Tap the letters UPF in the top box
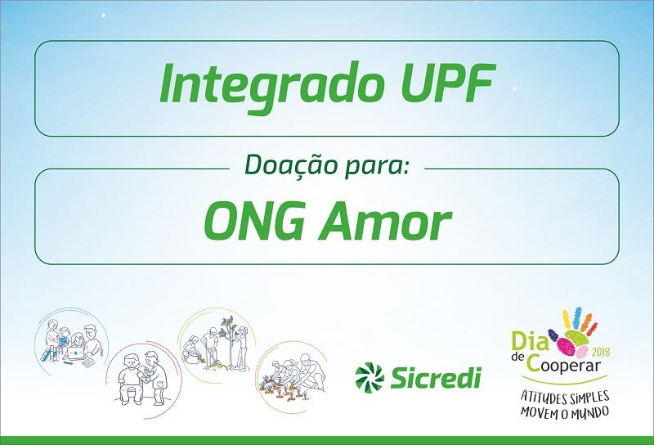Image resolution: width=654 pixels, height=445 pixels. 448,83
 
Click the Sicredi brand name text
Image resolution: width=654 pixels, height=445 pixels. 436,378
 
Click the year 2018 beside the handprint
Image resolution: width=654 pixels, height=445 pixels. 601,351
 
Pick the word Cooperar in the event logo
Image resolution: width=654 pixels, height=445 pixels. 563,364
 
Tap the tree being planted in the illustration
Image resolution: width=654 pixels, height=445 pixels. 227,340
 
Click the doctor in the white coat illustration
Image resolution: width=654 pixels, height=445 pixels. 155,378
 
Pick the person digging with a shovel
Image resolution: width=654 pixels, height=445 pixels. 210,348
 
